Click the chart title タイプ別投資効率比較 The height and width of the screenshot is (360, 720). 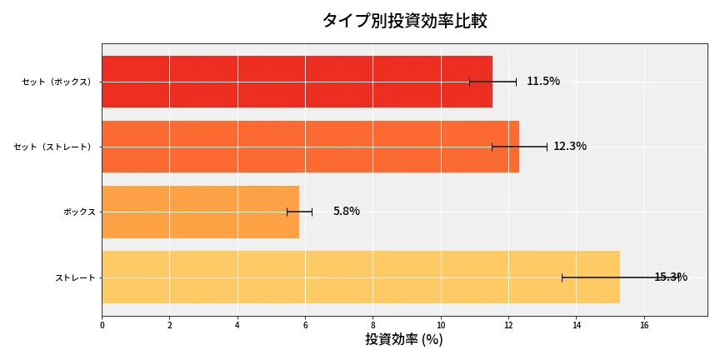(404, 21)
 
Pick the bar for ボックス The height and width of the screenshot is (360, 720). (200, 212)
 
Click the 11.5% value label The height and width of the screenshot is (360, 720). (543, 82)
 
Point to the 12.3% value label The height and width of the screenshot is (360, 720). (570, 147)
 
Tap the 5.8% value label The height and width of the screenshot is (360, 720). (347, 212)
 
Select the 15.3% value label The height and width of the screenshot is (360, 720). (670, 277)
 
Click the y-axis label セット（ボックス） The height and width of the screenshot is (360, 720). (57, 82)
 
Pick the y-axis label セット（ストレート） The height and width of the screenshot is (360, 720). (54, 147)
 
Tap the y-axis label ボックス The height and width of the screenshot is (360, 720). (79, 212)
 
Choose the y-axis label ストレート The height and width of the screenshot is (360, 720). (75, 277)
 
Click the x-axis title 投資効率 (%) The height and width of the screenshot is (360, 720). (404, 340)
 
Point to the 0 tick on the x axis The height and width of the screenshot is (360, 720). (102, 325)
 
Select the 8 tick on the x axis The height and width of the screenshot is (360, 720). (373, 325)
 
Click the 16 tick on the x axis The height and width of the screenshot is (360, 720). (644, 325)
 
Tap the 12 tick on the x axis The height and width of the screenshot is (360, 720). (508, 325)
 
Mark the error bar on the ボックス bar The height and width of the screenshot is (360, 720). (299, 212)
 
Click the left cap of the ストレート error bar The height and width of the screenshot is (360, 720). (562, 277)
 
